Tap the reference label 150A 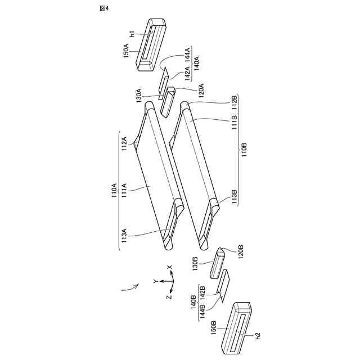point(127,51)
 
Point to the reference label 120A point(201,91)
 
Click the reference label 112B point(234,102)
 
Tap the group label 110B point(244,150)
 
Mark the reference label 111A point(124,190)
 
